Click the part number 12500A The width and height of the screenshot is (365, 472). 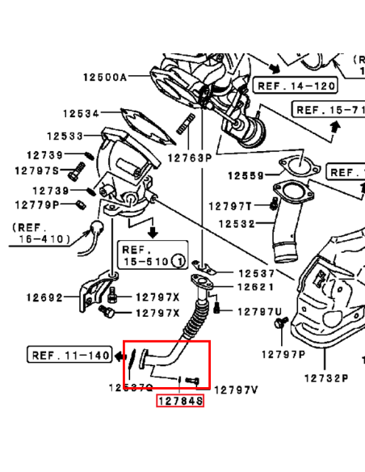105,78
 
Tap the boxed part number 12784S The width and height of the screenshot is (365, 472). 180,400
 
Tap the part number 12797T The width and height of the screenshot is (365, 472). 231,206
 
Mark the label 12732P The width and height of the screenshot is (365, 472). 326,377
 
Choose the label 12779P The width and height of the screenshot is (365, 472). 36,204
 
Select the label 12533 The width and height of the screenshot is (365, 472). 65,137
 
